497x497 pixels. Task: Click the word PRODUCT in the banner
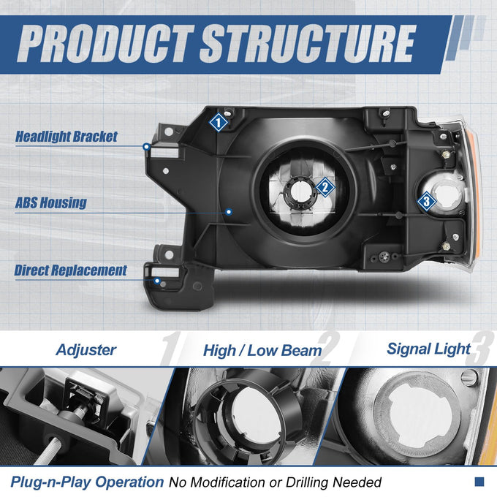(x=105, y=44)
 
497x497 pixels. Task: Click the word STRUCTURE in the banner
(x=308, y=44)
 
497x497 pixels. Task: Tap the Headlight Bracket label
(x=67, y=137)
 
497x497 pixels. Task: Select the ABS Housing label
(x=50, y=203)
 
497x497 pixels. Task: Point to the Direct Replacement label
(x=70, y=270)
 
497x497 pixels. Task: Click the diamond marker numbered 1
(x=219, y=122)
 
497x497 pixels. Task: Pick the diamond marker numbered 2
(x=325, y=187)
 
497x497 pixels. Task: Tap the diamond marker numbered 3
(x=426, y=201)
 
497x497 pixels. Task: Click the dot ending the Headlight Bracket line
(x=146, y=147)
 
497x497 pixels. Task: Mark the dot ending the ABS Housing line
(x=229, y=212)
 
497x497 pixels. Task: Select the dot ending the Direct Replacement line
(x=157, y=281)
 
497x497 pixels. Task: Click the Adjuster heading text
(x=86, y=350)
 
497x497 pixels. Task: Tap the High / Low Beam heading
(x=262, y=351)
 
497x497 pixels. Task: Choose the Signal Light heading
(x=428, y=349)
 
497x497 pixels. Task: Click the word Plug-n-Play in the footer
(x=51, y=482)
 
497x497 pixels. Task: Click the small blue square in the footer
(x=479, y=482)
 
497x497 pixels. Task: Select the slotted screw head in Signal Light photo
(x=468, y=378)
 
